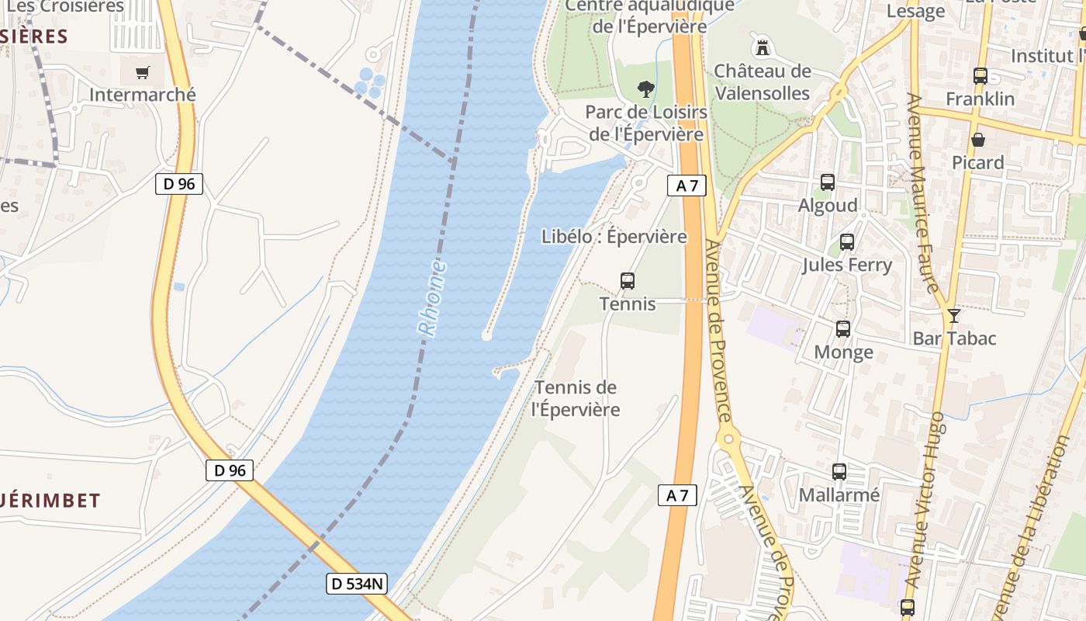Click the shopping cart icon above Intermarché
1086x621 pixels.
tap(142, 73)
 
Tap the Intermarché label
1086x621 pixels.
tap(143, 95)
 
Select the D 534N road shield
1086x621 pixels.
tap(357, 584)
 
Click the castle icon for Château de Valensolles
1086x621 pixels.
tap(763, 47)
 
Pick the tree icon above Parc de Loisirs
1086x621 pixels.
tap(645, 89)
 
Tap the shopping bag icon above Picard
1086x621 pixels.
tap(978, 140)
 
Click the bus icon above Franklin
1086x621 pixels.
tap(981, 76)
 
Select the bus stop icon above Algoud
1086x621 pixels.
tap(828, 182)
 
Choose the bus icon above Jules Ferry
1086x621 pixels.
tap(847, 241)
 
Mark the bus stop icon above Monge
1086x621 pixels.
tap(843, 329)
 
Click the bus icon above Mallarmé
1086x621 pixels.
tap(839, 471)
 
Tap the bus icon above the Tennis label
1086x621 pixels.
tap(628, 281)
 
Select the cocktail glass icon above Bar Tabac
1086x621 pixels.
tap(954, 316)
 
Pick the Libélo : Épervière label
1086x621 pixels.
tap(614, 237)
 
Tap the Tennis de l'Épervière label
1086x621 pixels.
tap(576, 398)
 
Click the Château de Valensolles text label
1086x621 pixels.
tap(762, 82)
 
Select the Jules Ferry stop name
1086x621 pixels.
tap(847, 265)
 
